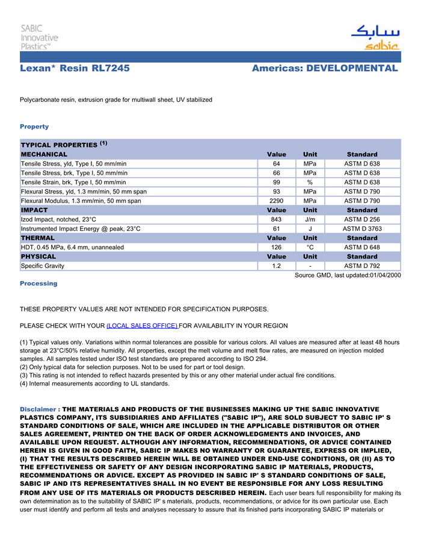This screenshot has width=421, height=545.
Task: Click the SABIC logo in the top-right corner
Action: pyautogui.click(x=375, y=37)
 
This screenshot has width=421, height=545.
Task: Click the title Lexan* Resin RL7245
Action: pyautogui.click(x=75, y=68)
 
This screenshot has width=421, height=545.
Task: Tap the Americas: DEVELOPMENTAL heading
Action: pyautogui.click(x=325, y=68)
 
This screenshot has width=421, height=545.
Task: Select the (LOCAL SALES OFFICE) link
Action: pyautogui.click(x=142, y=326)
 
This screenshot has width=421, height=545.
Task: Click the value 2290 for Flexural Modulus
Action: pyautogui.click(x=277, y=201)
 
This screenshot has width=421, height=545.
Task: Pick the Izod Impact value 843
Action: pyautogui.click(x=277, y=220)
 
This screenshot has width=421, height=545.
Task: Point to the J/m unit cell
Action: pyautogui.click(x=310, y=220)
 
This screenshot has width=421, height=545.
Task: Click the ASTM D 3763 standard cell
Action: pyautogui.click(x=362, y=229)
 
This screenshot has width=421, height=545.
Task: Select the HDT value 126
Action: pyautogui.click(x=277, y=248)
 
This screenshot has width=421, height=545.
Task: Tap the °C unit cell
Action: pyautogui.click(x=310, y=248)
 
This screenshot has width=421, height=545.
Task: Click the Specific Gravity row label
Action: pyautogui.click(x=43, y=266)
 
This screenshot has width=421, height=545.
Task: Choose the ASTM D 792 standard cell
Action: pyautogui.click(x=362, y=266)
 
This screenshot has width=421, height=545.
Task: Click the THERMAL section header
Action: pyautogui.click(x=38, y=238)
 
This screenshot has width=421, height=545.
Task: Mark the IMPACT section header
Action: pyautogui.click(x=34, y=210)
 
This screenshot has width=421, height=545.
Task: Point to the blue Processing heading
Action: pyautogui.click(x=38, y=284)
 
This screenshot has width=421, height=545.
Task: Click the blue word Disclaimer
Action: pyautogui.click(x=39, y=410)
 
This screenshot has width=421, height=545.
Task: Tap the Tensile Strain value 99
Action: pyautogui.click(x=277, y=182)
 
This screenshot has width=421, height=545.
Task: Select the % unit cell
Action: pyautogui.click(x=310, y=182)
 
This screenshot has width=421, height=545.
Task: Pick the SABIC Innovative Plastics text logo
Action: pyautogui.click(x=39, y=37)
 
